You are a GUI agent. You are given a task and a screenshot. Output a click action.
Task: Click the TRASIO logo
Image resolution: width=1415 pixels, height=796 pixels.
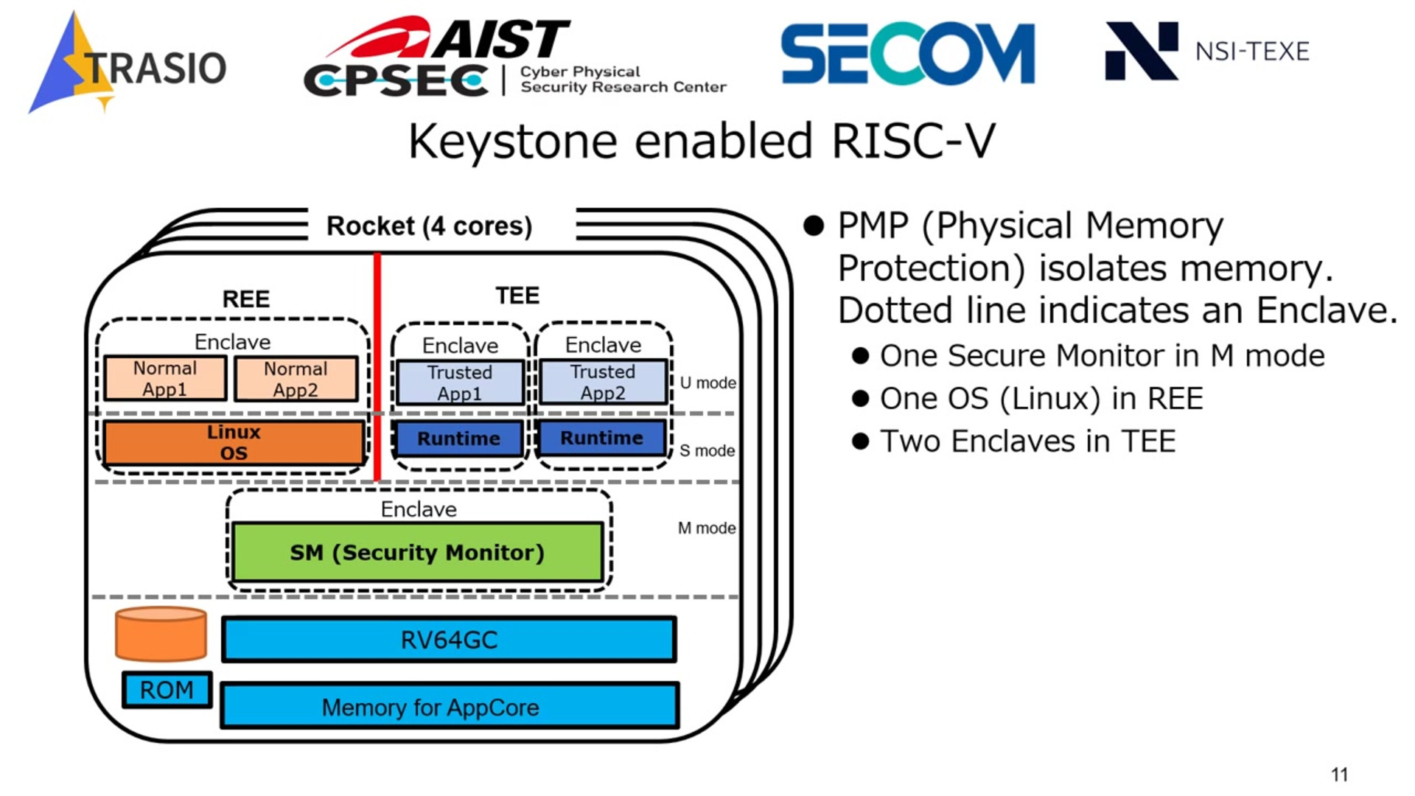coord(127,65)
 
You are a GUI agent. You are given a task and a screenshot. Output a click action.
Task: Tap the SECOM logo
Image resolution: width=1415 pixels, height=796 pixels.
coord(907,53)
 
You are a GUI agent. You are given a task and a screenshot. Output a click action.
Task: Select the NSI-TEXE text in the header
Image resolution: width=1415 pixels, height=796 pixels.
coord(1251,52)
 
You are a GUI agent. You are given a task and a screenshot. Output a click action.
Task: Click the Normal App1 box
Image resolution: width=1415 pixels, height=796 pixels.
coord(165,379)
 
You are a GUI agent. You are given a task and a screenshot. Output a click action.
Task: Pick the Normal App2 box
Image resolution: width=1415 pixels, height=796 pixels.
coord(296,379)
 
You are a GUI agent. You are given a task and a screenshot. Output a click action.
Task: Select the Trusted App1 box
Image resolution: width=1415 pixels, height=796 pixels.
coord(460,383)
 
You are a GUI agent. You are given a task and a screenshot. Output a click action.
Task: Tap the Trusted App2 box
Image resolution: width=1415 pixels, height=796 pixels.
coord(603,382)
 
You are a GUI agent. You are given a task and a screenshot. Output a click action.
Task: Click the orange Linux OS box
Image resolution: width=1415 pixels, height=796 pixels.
coord(234,442)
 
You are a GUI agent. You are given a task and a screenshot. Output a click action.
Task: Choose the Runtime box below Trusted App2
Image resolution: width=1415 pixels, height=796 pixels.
coord(602,438)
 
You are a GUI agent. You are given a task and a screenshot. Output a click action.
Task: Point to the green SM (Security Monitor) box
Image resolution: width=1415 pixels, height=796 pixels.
coord(417,552)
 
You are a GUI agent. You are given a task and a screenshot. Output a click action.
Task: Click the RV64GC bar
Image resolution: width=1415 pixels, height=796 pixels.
coord(449,640)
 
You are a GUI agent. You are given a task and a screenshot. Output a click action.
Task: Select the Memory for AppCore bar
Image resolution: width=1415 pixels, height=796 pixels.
coord(449,707)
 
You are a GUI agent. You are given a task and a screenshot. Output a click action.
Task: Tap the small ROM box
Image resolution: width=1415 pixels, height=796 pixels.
coord(167,690)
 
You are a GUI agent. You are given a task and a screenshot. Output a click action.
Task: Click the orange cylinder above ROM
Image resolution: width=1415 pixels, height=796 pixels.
coord(161,634)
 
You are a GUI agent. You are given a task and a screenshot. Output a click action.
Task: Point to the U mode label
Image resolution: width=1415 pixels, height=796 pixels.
coord(707,383)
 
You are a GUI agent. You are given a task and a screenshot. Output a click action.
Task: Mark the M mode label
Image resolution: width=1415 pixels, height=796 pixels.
coord(706,528)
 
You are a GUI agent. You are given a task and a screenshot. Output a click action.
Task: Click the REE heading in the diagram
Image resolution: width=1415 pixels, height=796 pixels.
coord(246,298)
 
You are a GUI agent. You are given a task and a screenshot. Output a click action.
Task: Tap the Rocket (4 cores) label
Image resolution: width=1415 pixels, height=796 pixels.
coord(429,226)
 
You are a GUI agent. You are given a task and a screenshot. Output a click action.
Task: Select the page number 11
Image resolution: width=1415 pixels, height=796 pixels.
coord(1339,775)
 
